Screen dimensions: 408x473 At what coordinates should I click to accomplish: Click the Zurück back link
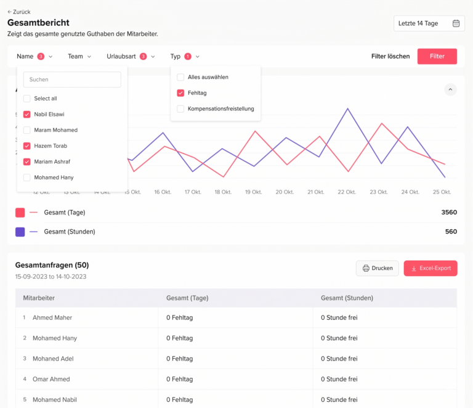tap(19, 12)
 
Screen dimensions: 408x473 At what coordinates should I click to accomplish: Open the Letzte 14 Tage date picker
tap(429, 23)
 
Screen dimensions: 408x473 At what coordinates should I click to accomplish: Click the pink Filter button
tap(437, 56)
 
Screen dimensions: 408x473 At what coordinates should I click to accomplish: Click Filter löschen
tap(390, 56)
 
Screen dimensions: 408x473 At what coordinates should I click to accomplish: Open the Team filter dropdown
tap(79, 56)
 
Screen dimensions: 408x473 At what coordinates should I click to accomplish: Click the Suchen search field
tap(72, 80)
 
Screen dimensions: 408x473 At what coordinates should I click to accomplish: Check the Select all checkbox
tap(27, 99)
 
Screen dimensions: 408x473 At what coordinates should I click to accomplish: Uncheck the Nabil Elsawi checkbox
tap(27, 114)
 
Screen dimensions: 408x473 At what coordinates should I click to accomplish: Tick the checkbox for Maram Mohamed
tap(27, 130)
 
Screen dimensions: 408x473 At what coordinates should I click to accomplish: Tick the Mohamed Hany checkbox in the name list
tap(27, 177)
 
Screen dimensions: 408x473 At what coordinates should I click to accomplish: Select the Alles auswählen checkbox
tap(180, 77)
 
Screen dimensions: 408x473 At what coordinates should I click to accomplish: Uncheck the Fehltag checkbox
tap(180, 93)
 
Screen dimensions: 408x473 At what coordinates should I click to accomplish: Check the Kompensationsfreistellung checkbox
tap(180, 109)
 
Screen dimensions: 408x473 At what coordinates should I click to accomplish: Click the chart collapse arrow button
tap(450, 90)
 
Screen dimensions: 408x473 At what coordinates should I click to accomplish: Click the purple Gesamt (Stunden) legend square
tap(20, 232)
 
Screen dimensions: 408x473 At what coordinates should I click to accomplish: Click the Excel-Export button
tap(431, 268)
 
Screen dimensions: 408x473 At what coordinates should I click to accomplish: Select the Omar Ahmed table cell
tap(51, 379)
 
